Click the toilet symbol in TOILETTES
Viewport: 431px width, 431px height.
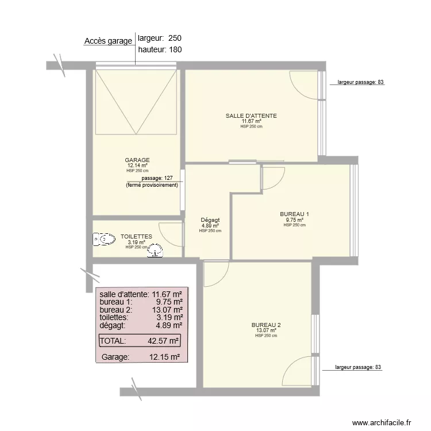point(104,239)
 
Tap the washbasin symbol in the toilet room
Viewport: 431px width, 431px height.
point(155,251)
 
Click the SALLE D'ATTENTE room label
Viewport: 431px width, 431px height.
point(251,116)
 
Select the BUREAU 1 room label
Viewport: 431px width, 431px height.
point(294,214)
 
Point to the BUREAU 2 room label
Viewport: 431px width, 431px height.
point(266,325)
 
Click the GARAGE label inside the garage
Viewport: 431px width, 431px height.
point(137,160)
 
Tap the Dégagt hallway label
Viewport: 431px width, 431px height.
point(210,220)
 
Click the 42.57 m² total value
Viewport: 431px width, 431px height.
point(163,341)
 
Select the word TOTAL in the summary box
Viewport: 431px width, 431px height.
point(113,341)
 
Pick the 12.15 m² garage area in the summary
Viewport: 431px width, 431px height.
point(165,357)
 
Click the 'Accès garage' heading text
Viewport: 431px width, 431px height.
point(108,41)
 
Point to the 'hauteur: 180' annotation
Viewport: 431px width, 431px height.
point(160,50)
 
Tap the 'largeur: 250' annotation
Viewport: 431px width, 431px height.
point(160,38)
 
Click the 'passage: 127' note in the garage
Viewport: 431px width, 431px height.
point(157,178)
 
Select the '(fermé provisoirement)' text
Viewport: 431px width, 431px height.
point(152,185)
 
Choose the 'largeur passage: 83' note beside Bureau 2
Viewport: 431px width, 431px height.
point(358,367)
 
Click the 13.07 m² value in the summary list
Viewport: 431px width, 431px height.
point(167,310)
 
